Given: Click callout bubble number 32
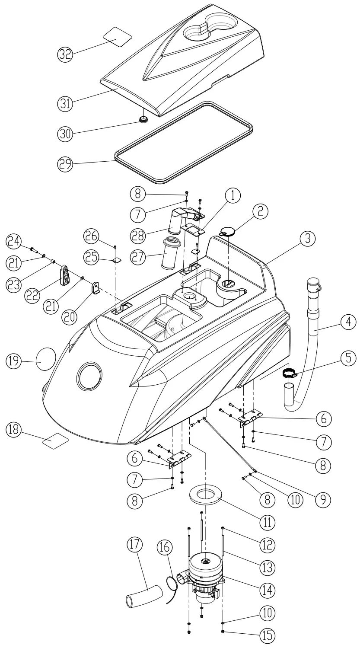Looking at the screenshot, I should pyautogui.click(x=65, y=54).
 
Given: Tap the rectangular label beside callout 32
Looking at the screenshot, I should pyautogui.click(x=117, y=35).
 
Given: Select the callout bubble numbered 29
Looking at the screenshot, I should pyautogui.click(x=65, y=163).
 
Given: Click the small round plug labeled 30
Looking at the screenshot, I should pyautogui.click(x=142, y=120).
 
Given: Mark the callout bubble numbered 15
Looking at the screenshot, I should pyautogui.click(x=266, y=634).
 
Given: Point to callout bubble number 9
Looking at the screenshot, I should pyautogui.click(x=322, y=498).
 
